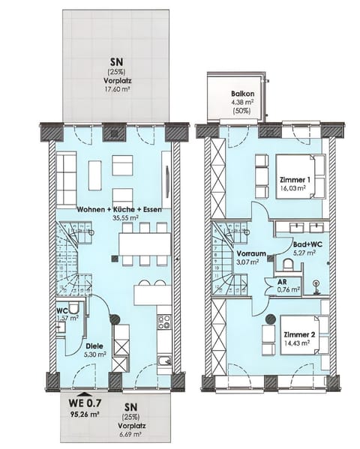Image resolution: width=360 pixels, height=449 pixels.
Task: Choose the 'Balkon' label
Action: point(241,94)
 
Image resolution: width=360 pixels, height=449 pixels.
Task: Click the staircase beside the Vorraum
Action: point(225,259)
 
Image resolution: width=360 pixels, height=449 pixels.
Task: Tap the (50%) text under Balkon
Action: point(241,112)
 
